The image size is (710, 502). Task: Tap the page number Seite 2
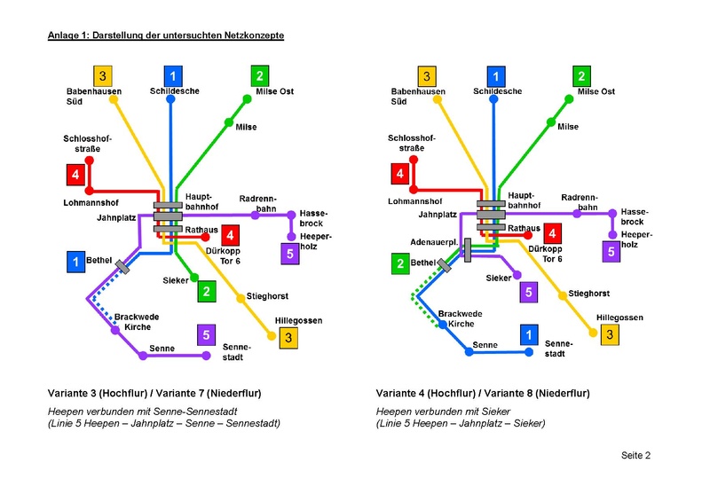[x=635, y=456]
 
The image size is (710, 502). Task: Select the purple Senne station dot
[x=142, y=357]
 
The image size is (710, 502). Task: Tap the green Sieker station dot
[x=194, y=278]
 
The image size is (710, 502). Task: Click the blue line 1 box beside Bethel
[x=77, y=262]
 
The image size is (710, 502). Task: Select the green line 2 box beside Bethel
[x=400, y=263]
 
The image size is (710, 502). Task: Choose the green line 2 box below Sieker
[x=206, y=291]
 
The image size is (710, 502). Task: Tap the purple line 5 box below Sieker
[x=528, y=291]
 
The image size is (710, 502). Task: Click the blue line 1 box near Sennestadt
[x=528, y=334]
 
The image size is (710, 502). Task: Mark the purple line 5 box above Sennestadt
[x=206, y=334]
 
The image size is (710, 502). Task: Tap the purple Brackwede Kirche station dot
[x=115, y=330]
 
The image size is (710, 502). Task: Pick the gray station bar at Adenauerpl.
[x=468, y=249]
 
